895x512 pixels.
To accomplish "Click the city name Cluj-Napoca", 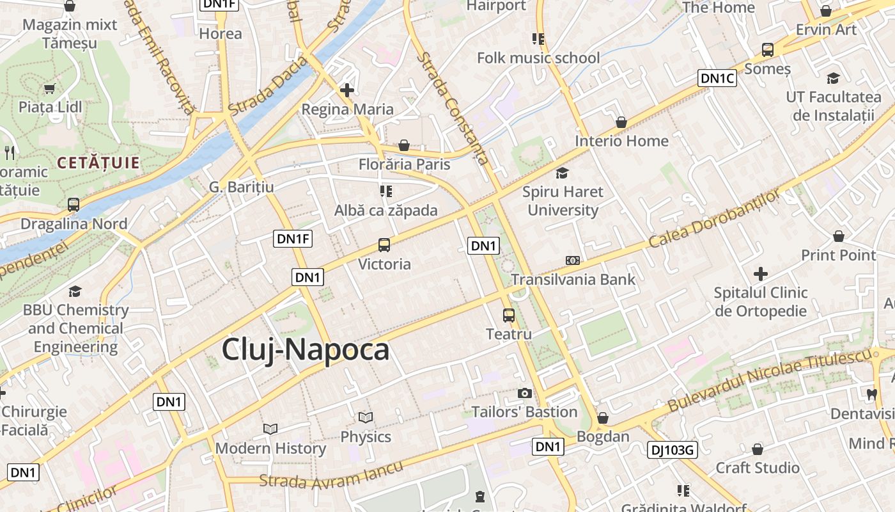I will tap(306, 350).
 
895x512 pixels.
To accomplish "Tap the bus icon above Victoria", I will tap(384, 245).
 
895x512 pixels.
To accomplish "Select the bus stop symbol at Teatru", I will tap(509, 315).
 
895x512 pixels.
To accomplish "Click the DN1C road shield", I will tap(717, 79).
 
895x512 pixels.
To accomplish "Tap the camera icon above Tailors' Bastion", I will tap(524, 393).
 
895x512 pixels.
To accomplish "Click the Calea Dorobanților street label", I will tap(714, 219).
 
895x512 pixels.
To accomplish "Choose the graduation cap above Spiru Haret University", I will tap(563, 173).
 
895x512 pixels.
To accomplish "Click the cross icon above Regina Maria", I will tap(347, 90).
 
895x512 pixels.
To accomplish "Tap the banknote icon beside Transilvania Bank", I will tap(573, 260).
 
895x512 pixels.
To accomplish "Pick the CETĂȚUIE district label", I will tap(98, 163).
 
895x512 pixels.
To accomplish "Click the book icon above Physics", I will tap(366, 418).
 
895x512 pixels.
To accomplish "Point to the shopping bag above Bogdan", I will tap(602, 418).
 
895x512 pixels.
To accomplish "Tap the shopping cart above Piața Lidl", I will tap(49, 88).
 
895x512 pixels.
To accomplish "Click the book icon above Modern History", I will tap(270, 429).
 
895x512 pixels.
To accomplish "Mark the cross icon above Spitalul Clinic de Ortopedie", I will tap(760, 275).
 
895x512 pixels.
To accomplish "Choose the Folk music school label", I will tap(538, 58).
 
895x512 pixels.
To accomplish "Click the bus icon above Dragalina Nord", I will tap(74, 205).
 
